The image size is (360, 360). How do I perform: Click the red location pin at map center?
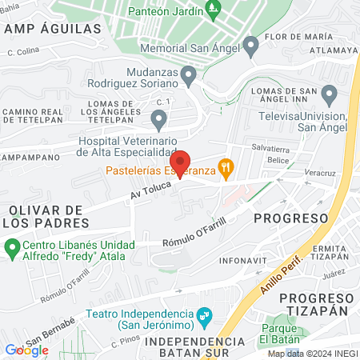(181, 162)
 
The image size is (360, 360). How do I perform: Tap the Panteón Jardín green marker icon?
(213, 10)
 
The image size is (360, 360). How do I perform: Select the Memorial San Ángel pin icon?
(251, 44)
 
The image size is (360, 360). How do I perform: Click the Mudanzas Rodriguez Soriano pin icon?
(189, 76)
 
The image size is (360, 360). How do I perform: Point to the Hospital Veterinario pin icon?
(158, 119)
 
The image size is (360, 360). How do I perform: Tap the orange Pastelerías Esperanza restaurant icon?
(228, 167)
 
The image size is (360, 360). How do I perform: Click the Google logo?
(26, 350)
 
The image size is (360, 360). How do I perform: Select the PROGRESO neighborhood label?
(291, 218)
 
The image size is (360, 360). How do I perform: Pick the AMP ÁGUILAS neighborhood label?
(53, 28)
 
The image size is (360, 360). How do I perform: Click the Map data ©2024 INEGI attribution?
(311, 353)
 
